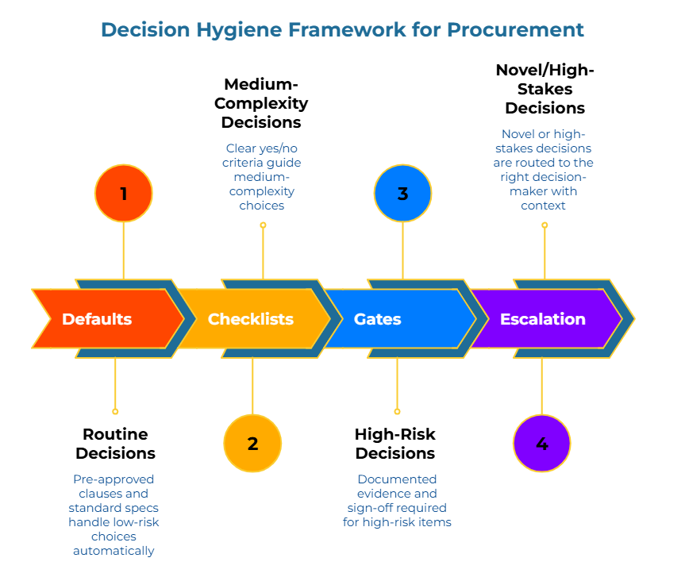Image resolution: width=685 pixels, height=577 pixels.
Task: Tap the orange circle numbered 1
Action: click(123, 194)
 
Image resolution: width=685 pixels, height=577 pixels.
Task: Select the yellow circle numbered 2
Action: click(252, 444)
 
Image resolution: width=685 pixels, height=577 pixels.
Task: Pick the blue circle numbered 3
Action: click(402, 194)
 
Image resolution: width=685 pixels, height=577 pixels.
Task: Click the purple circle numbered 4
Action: click(541, 444)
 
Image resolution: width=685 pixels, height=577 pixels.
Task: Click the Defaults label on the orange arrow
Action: click(97, 319)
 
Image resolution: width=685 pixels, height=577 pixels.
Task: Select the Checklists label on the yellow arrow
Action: click(251, 319)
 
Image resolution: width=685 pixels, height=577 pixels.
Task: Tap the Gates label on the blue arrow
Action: click(377, 319)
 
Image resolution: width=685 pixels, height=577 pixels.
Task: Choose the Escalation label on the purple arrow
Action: click(543, 319)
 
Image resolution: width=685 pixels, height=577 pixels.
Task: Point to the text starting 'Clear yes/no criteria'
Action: click(262, 176)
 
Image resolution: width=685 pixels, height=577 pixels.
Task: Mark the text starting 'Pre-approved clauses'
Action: click(114, 514)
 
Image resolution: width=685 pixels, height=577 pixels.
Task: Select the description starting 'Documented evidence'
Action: click(397, 500)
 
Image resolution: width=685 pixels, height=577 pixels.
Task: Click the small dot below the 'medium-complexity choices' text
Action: click(263, 225)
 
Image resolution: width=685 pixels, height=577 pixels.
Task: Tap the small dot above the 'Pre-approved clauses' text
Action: click(115, 411)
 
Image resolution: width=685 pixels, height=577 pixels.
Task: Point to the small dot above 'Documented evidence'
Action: click(397, 411)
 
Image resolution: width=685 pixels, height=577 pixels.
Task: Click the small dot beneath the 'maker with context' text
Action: click(545, 225)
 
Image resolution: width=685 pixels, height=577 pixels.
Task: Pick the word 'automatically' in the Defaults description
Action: click(114, 550)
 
